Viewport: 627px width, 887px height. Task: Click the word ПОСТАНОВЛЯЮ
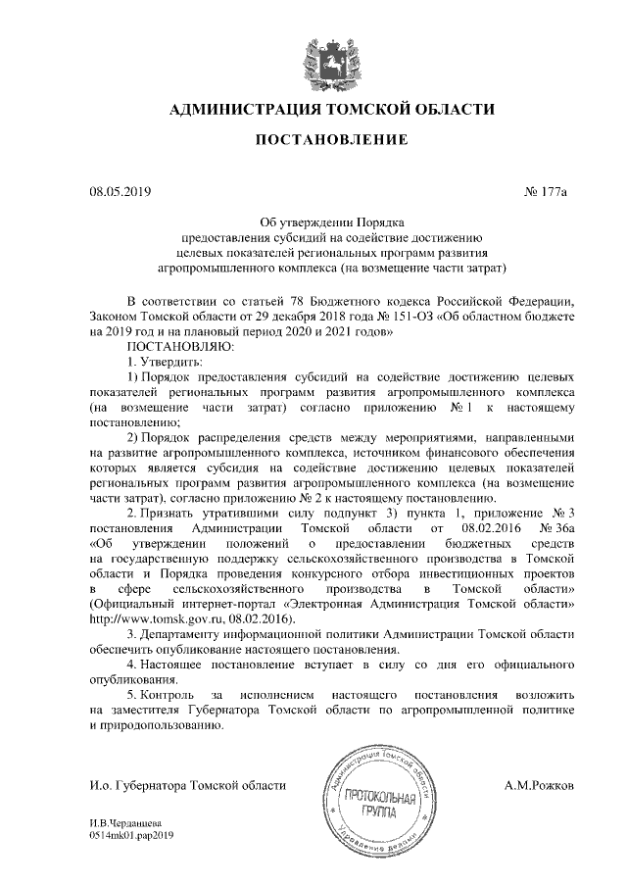pos(179,347)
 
